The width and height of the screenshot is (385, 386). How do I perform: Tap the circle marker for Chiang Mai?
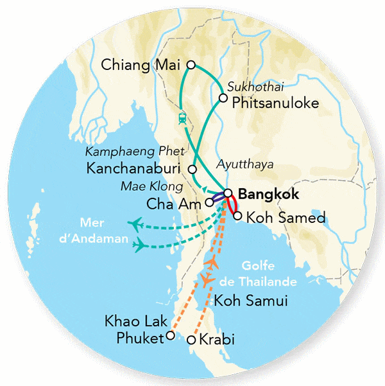[191, 64]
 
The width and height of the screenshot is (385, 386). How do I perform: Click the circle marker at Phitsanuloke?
[223, 98]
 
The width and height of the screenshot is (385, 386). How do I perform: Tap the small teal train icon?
[182, 118]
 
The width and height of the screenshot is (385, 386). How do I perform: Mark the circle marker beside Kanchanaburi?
[193, 168]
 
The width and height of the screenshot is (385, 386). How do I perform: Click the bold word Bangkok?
[268, 193]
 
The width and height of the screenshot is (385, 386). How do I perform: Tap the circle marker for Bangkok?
[228, 193]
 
